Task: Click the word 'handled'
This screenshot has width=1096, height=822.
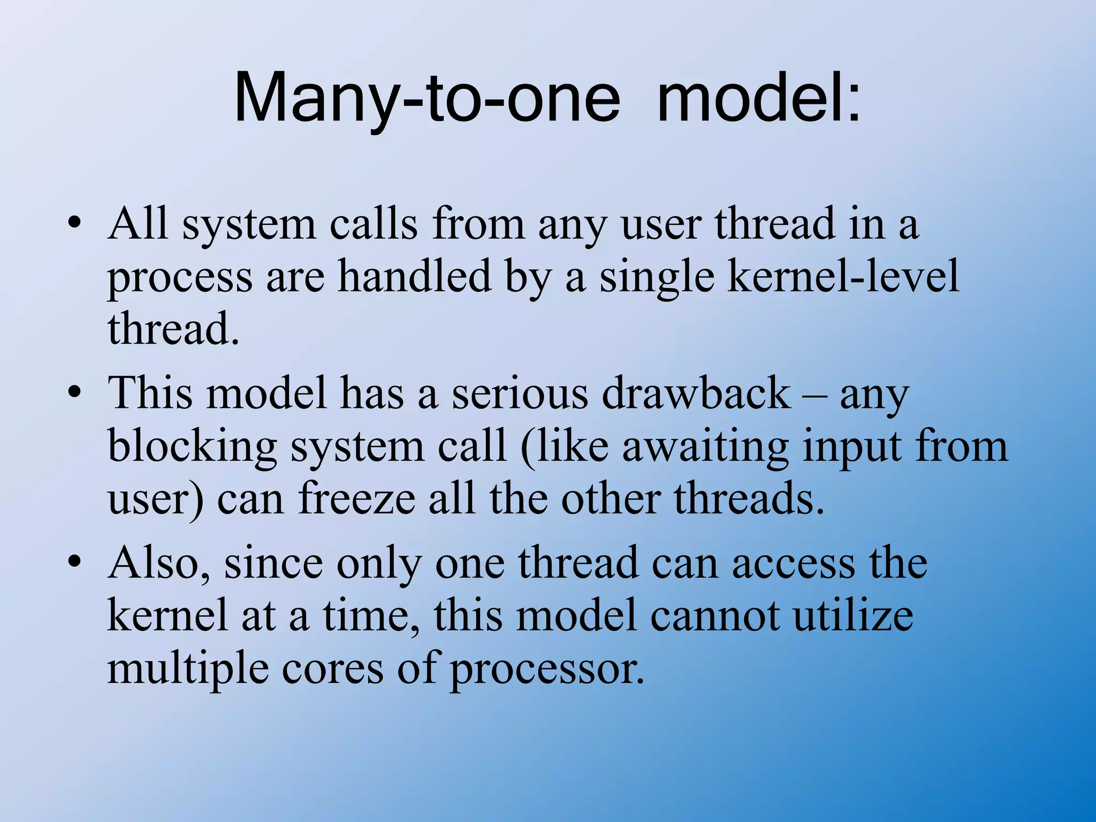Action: (x=415, y=277)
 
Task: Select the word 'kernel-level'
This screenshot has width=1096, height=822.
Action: (x=843, y=277)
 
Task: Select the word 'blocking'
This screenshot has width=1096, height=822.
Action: (x=193, y=447)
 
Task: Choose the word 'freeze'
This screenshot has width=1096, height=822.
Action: (x=356, y=499)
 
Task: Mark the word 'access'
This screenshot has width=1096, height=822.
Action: (x=793, y=564)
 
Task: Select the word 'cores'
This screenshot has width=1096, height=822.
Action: (x=332, y=669)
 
